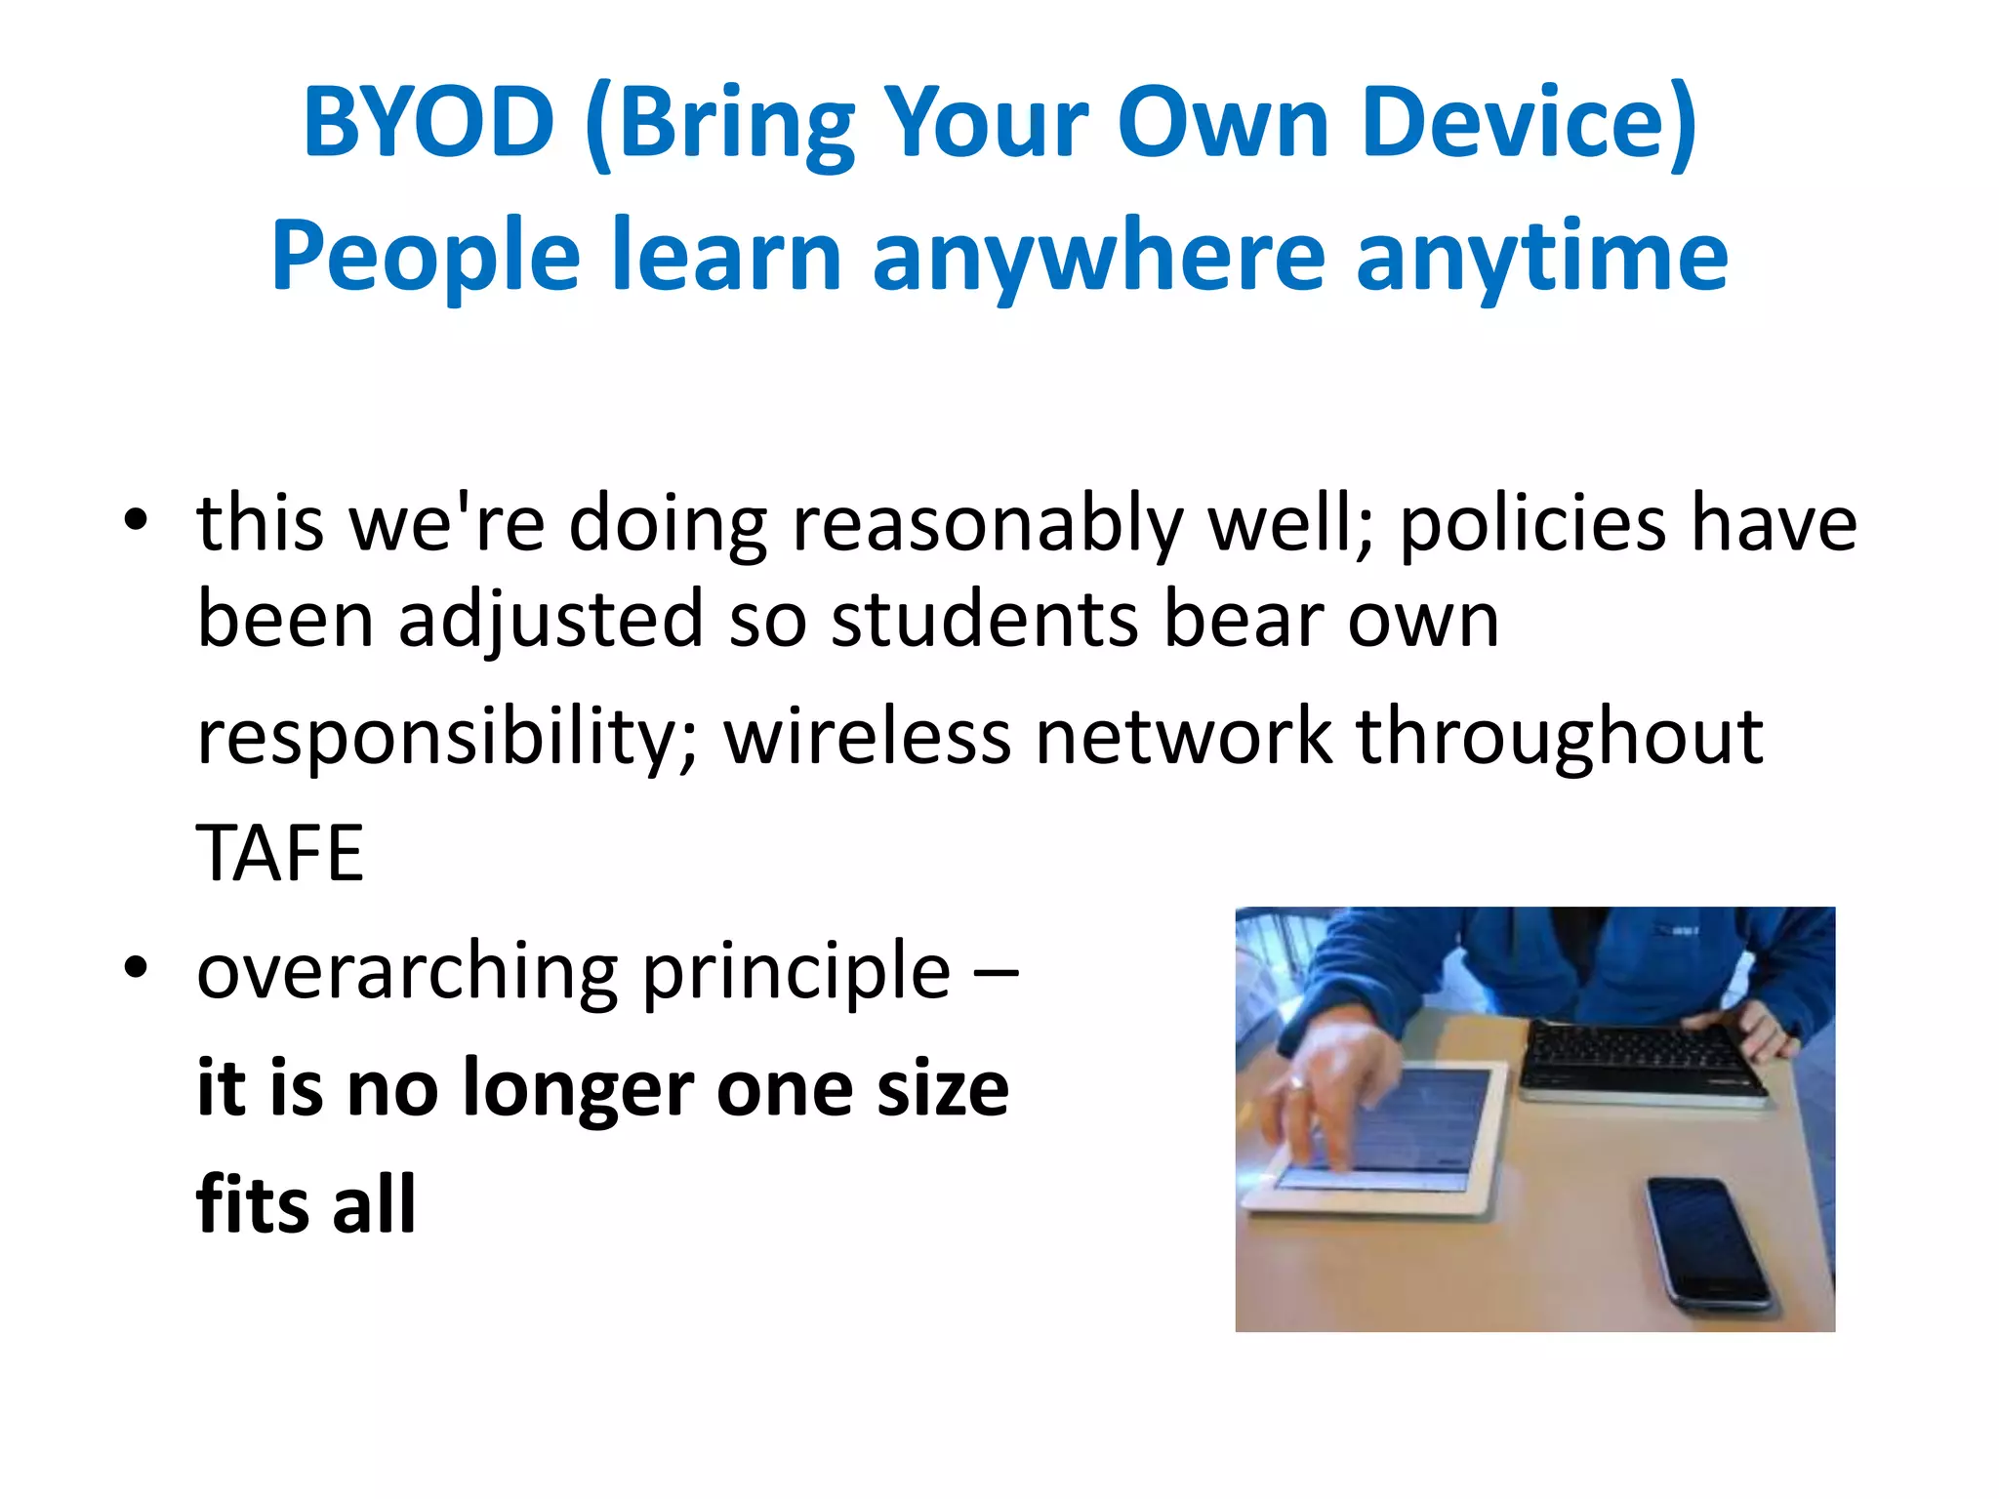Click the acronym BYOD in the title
(x=428, y=123)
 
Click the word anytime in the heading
(x=1541, y=257)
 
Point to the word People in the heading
(x=426, y=257)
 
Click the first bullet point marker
(x=136, y=521)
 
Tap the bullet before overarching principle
(x=136, y=968)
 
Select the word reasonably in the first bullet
(x=987, y=525)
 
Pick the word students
(x=985, y=620)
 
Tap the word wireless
(x=867, y=736)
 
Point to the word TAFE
(x=280, y=853)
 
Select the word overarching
(x=407, y=972)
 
